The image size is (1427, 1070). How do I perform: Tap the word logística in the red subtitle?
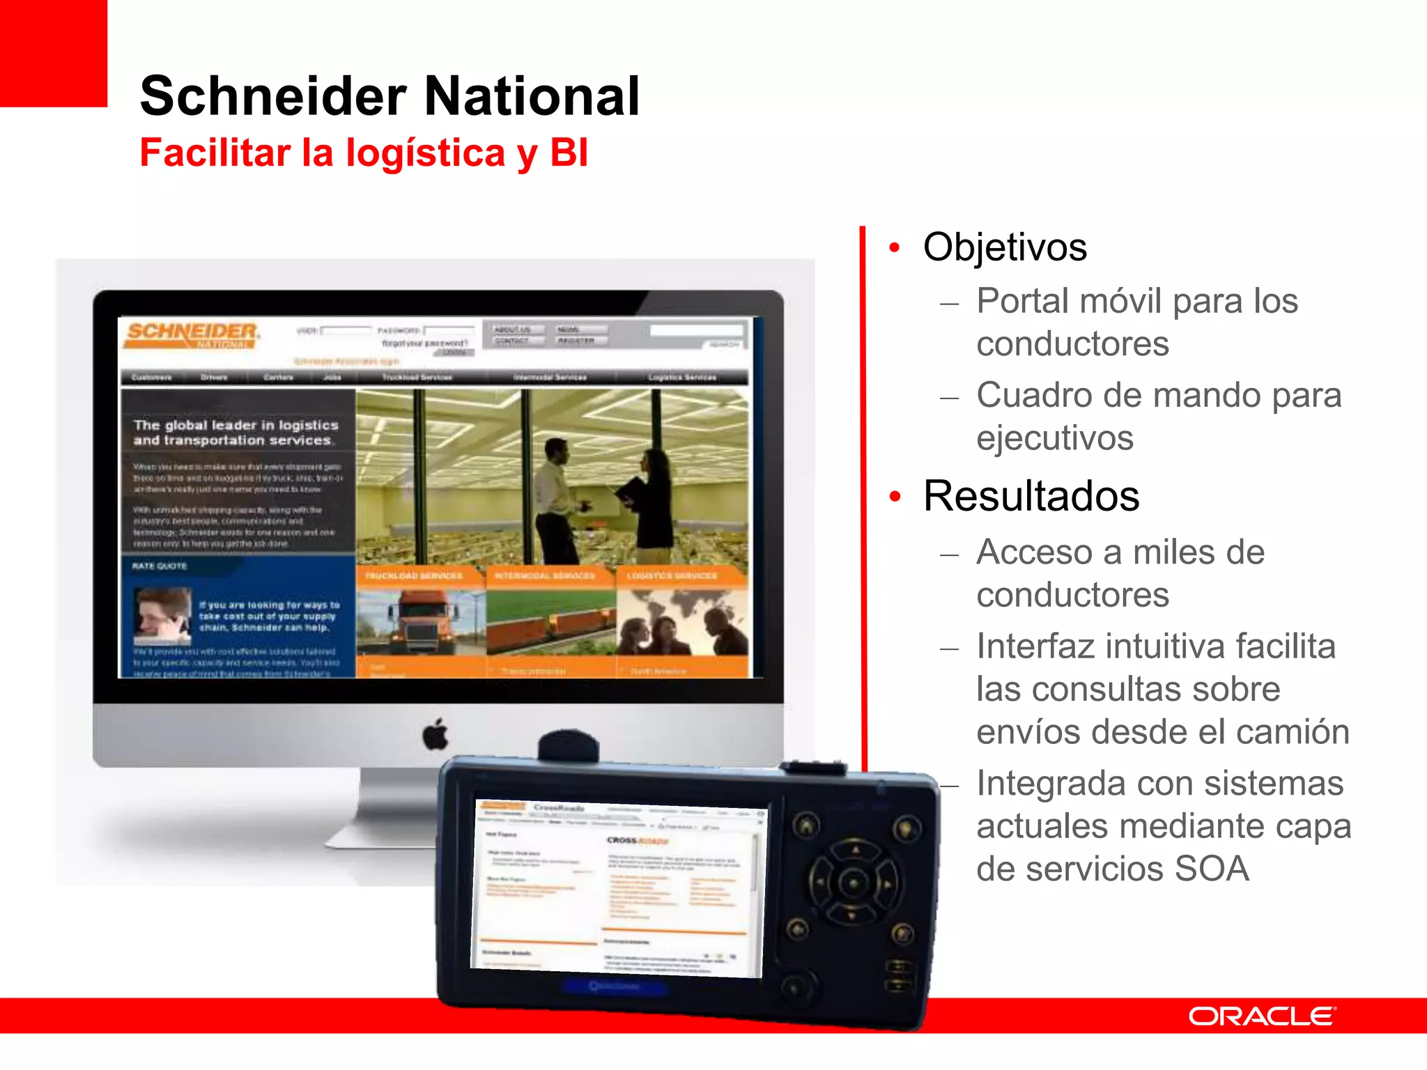tap(425, 153)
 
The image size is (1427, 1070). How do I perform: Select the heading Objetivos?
tap(1005, 247)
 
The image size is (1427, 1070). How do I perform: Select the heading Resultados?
tap(1031, 496)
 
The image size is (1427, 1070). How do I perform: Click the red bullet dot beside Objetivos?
tap(895, 248)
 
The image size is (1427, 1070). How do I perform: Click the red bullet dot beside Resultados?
tap(895, 497)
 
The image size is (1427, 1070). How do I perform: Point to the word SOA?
tap(1212, 869)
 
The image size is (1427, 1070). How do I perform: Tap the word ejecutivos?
tap(1055, 438)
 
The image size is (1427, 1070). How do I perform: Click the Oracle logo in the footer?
tap(1262, 1016)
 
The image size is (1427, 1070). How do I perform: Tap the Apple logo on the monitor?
tap(436, 734)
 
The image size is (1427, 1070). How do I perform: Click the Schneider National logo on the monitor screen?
tap(192, 335)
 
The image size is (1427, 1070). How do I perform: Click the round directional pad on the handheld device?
tap(853, 883)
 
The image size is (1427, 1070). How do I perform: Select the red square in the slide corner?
tap(53, 53)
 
